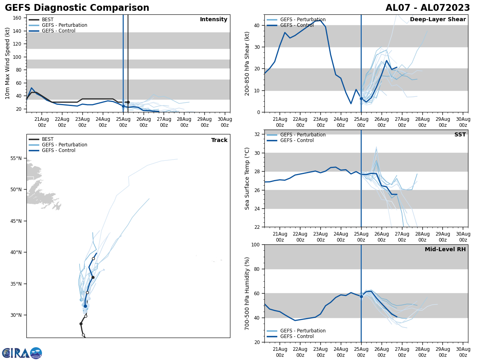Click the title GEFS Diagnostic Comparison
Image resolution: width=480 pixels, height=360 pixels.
point(77,8)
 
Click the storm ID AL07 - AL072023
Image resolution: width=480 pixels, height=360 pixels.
point(428,8)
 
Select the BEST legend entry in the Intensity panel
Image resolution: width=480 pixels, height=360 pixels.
point(48,20)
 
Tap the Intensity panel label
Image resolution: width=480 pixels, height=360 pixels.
point(214,20)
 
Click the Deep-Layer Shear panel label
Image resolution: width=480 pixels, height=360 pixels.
point(438,20)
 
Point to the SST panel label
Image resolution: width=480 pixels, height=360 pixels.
point(460,135)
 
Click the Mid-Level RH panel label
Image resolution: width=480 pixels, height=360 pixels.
point(445,250)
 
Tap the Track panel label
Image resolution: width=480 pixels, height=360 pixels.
point(219,140)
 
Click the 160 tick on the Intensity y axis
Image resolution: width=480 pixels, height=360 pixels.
point(18,18)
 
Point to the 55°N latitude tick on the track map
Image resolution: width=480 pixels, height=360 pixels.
point(16,158)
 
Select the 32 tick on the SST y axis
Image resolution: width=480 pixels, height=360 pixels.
point(257,134)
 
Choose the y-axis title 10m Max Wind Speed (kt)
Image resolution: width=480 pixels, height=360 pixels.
point(8,63)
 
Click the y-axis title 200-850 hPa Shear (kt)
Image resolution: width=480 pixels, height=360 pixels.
point(247,63)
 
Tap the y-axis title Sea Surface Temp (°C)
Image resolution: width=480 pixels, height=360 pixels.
point(247,178)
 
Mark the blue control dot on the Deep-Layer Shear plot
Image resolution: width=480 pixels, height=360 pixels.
point(361,98)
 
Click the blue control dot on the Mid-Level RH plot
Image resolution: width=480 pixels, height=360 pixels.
point(361,296)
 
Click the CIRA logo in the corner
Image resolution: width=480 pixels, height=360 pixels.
point(22,353)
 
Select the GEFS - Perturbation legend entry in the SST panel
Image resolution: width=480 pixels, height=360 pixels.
point(303,135)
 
